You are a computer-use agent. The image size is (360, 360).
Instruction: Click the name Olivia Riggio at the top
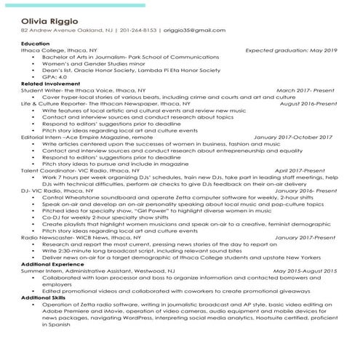point(50,20)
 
